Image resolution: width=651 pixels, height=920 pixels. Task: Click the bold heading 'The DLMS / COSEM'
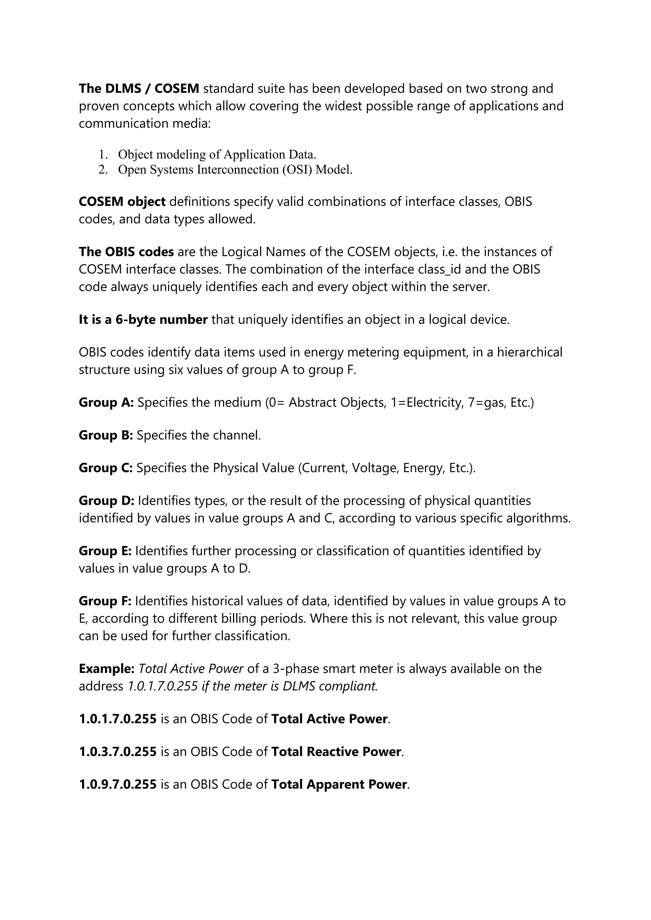139,89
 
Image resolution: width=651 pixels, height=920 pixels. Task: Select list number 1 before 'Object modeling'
103,155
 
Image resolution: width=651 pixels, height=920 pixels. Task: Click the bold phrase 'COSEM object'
122,201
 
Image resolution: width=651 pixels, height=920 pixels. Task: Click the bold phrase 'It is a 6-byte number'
143,320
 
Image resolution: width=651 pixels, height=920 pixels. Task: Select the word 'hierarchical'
530,352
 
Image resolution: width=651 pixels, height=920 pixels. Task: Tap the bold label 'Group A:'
106,402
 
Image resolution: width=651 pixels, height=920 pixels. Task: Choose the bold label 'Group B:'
106,435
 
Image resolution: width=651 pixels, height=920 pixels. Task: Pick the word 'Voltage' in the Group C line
375,468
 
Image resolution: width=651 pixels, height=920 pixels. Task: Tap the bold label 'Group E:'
105,551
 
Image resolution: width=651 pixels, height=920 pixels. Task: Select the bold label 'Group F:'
105,601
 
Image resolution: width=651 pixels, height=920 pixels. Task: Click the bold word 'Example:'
106,669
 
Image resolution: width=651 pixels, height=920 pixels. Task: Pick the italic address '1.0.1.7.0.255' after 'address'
163,687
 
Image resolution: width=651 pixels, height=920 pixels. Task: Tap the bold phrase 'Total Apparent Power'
339,785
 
